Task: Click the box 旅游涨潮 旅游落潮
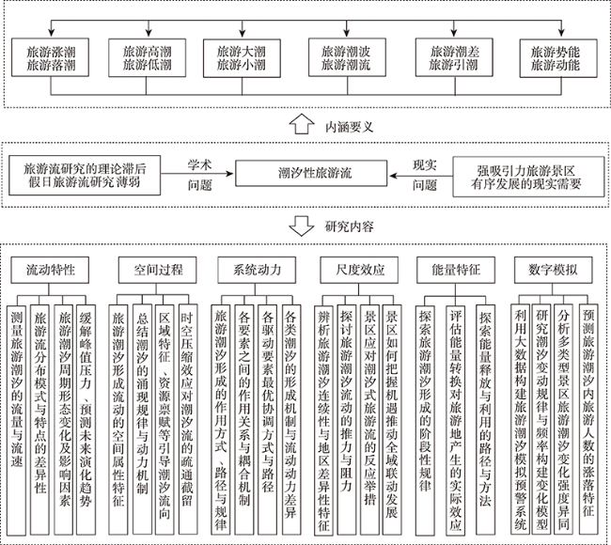coord(50,57)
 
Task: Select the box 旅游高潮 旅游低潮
coord(147,57)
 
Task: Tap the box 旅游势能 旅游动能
coord(558,57)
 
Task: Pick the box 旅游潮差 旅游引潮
coord(454,57)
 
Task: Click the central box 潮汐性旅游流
coord(311,173)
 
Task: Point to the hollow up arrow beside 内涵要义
coord(302,124)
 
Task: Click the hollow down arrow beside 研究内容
coord(302,226)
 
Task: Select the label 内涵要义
coord(349,127)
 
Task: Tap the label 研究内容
coord(349,226)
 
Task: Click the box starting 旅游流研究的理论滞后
coord(85,176)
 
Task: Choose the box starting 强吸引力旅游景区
coord(528,177)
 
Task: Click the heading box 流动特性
coord(50,270)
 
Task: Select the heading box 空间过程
coord(157,270)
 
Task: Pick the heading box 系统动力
coord(257,270)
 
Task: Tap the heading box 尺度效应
coord(359,270)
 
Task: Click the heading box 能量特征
coord(456,270)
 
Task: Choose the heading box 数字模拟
coord(554,270)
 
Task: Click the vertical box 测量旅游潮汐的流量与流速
coord(16,400)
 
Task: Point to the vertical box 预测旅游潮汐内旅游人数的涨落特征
coord(588,399)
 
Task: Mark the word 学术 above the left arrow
coord(199,164)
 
